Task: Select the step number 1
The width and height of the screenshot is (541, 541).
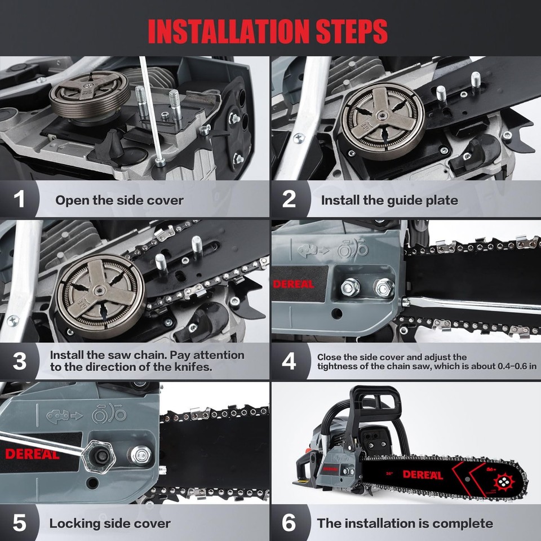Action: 20,199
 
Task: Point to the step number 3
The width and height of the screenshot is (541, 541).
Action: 20,361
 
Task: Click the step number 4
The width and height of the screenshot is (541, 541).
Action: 289,361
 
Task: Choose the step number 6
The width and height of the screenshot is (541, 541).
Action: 289,523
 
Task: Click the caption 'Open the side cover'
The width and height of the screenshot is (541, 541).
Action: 119,200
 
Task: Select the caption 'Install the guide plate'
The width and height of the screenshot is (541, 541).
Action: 389,200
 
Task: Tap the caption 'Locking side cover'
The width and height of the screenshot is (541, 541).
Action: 110,523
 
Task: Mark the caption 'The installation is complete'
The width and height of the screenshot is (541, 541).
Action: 405,523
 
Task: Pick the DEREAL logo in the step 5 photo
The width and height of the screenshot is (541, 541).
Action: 32,454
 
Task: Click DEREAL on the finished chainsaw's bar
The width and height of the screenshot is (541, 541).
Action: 423,475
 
